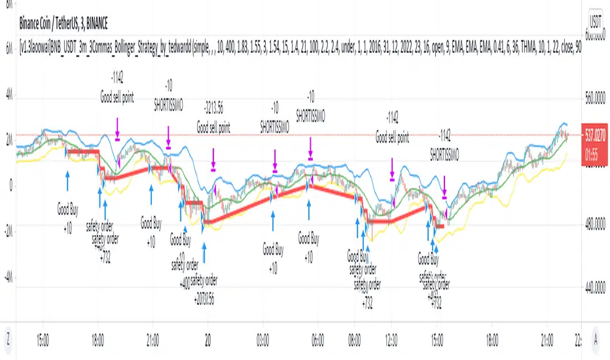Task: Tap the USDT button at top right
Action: click(x=596, y=20)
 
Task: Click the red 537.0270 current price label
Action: click(x=596, y=131)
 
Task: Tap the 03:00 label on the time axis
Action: click(x=264, y=340)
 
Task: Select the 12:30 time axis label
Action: click(x=391, y=340)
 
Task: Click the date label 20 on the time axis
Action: click(x=207, y=340)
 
